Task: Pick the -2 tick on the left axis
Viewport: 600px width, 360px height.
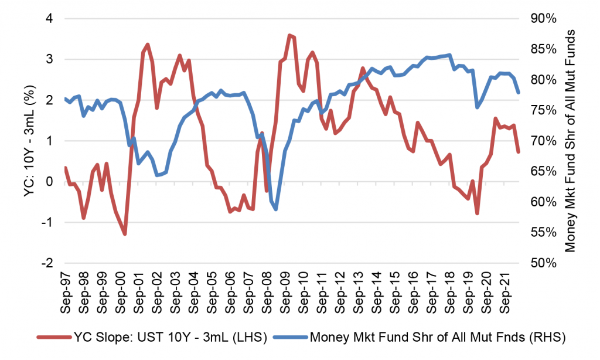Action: coord(47,263)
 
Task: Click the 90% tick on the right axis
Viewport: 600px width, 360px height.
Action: coord(543,19)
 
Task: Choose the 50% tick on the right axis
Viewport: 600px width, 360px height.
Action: coord(543,263)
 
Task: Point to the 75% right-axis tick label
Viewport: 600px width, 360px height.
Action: coord(543,110)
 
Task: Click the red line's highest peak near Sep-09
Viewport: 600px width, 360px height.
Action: coord(289,35)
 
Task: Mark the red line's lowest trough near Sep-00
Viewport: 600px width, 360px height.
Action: coord(125,234)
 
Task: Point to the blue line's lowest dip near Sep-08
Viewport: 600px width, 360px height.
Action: coord(275,209)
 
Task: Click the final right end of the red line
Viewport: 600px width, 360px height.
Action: coord(518,152)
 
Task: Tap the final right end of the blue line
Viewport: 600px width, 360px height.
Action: coord(518,93)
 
